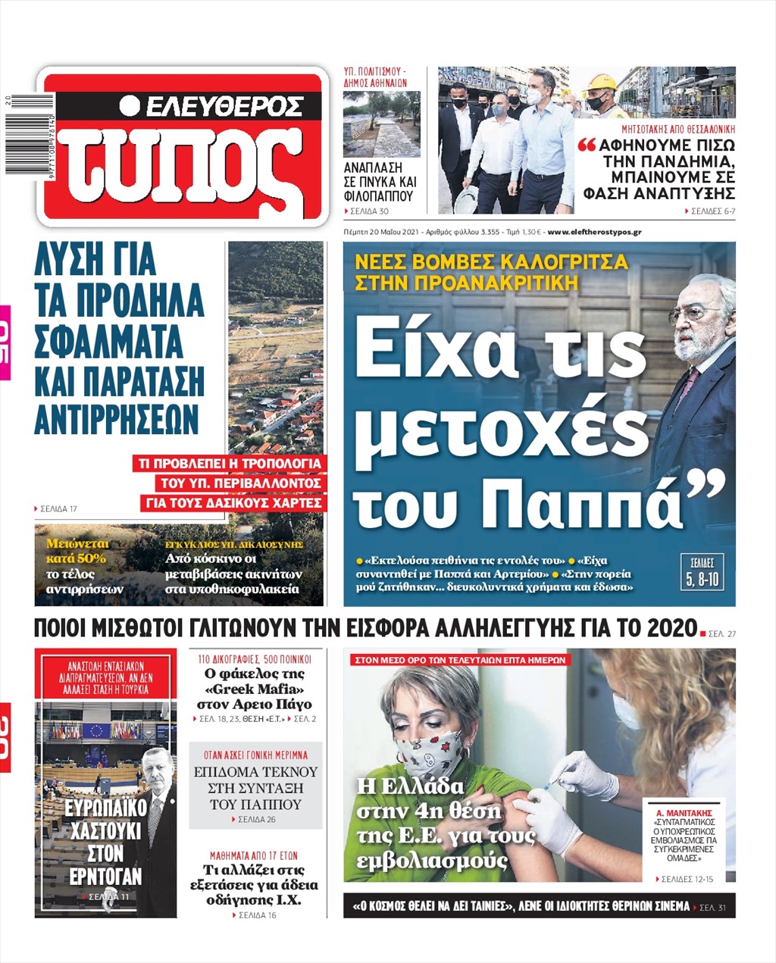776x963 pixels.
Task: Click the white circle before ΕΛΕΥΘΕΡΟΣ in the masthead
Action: pos(130,105)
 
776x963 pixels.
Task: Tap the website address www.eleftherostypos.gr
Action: pos(594,232)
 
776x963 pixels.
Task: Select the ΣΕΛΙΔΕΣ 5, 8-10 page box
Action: pos(702,573)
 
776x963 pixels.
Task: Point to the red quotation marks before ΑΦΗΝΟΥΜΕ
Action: pos(587,145)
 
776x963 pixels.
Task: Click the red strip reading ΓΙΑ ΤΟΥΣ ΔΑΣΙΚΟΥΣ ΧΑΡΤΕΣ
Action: pos(233,502)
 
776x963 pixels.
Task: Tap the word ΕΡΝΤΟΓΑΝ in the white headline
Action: pos(105,877)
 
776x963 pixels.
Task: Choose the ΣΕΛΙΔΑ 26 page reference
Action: pos(255,820)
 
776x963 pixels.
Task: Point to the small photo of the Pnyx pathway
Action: pos(381,124)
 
